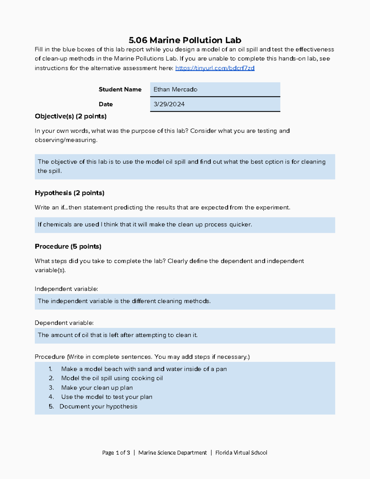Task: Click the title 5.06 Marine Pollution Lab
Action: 185,40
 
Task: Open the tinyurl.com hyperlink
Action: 215,68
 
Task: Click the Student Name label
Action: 120,89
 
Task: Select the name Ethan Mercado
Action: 175,89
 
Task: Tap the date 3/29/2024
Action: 169,104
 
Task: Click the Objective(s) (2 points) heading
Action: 71,116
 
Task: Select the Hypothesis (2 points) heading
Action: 69,193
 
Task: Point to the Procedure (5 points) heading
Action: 68,246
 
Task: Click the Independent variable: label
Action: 66,289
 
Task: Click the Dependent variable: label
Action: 64,323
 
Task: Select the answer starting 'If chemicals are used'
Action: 145,225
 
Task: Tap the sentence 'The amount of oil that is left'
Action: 117,335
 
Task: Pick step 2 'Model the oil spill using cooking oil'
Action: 112,378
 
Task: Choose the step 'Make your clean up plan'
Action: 97,388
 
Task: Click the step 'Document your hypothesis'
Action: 98,407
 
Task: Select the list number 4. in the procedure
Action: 51,397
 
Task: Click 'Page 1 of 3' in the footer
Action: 116,453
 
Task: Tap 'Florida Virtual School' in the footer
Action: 241,453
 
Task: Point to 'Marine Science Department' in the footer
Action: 172,453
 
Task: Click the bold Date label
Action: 106,104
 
